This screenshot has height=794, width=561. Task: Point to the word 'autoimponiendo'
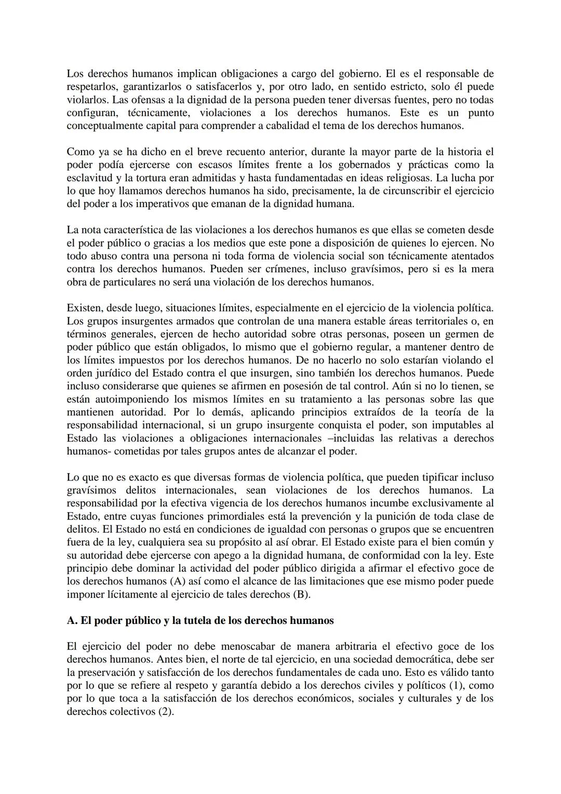tap(123, 399)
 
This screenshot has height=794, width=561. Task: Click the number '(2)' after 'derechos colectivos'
tap(165, 711)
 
